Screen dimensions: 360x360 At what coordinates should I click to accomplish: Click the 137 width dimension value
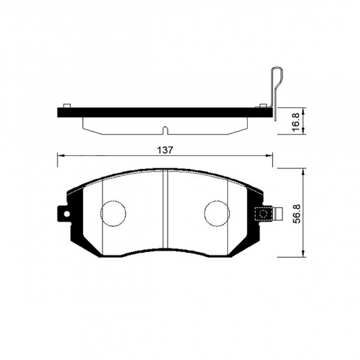tap(164, 150)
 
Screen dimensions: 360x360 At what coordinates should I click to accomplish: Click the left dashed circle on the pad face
tap(112, 214)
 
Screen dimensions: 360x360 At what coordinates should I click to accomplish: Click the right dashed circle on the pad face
tap(216, 214)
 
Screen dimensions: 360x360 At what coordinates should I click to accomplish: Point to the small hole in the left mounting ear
tap(66, 214)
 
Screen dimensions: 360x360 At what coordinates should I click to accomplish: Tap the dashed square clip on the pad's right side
tap(262, 214)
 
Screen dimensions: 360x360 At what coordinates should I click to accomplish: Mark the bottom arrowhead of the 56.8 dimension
tap(303, 256)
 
